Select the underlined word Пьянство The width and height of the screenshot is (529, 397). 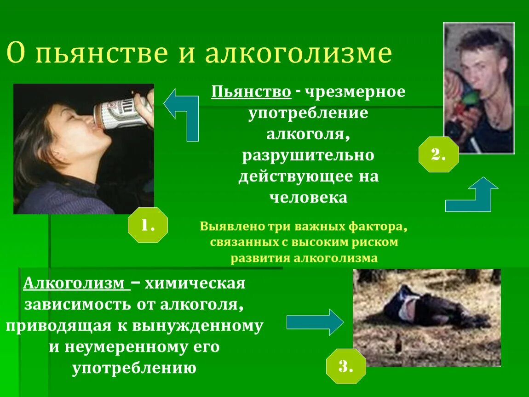(251, 92)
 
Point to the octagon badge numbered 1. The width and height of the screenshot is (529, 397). (147, 225)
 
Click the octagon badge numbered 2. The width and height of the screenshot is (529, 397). (438, 154)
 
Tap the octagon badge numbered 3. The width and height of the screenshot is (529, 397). (346, 366)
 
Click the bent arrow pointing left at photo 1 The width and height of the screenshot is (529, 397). (182, 113)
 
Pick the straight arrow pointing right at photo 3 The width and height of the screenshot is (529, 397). (315, 322)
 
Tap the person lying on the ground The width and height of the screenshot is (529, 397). (428, 308)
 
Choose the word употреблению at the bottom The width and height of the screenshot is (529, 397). (134, 368)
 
